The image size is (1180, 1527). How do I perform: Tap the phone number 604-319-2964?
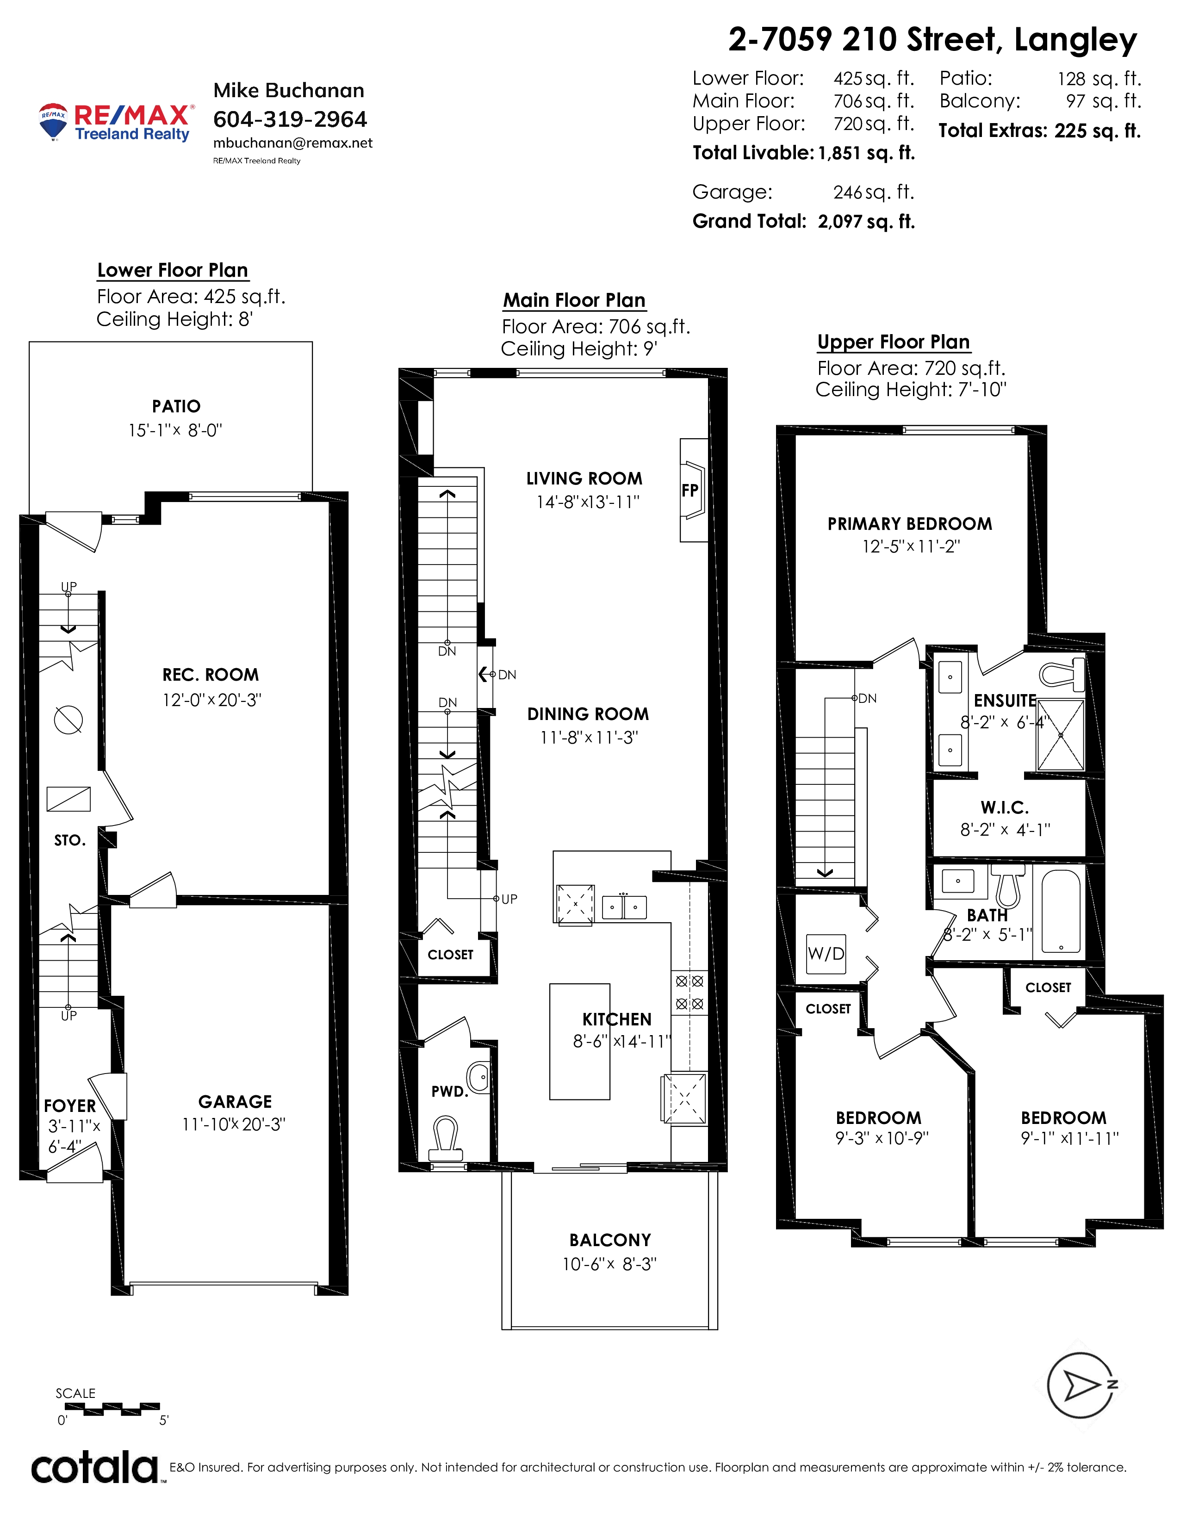coord(290,119)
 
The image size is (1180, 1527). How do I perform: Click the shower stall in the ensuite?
coord(1061,735)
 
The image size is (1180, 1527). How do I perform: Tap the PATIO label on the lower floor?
coord(176,406)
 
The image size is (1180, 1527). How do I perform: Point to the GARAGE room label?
coord(235,1102)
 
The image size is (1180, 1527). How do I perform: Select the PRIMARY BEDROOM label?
coord(909,524)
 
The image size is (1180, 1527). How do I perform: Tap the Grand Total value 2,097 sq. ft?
coord(866,222)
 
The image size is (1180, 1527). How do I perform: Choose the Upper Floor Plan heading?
coord(894,342)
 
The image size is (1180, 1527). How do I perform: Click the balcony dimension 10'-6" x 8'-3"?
coord(609,1264)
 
